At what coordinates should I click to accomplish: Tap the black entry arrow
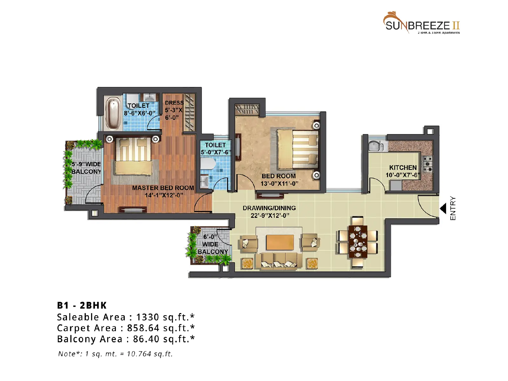coord(443,208)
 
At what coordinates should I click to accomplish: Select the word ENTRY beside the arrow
coord(453,208)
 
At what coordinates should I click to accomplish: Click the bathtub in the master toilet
coord(113,114)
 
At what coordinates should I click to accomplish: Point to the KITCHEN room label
coord(403,168)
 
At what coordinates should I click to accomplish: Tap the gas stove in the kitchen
coord(428,164)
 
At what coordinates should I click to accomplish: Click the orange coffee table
coord(280,242)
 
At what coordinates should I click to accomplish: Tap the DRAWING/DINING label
coord(269,208)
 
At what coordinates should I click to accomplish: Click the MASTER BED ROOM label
coord(163,188)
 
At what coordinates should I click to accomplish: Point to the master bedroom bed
coord(133,156)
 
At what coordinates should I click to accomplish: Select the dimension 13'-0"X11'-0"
coord(279,184)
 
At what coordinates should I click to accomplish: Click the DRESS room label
coord(174,103)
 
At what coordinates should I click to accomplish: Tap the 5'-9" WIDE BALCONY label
coord(86,168)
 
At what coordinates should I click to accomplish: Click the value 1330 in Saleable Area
coord(147,317)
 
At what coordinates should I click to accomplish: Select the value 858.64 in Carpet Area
coord(143,328)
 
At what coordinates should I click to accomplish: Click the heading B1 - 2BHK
coord(82,305)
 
